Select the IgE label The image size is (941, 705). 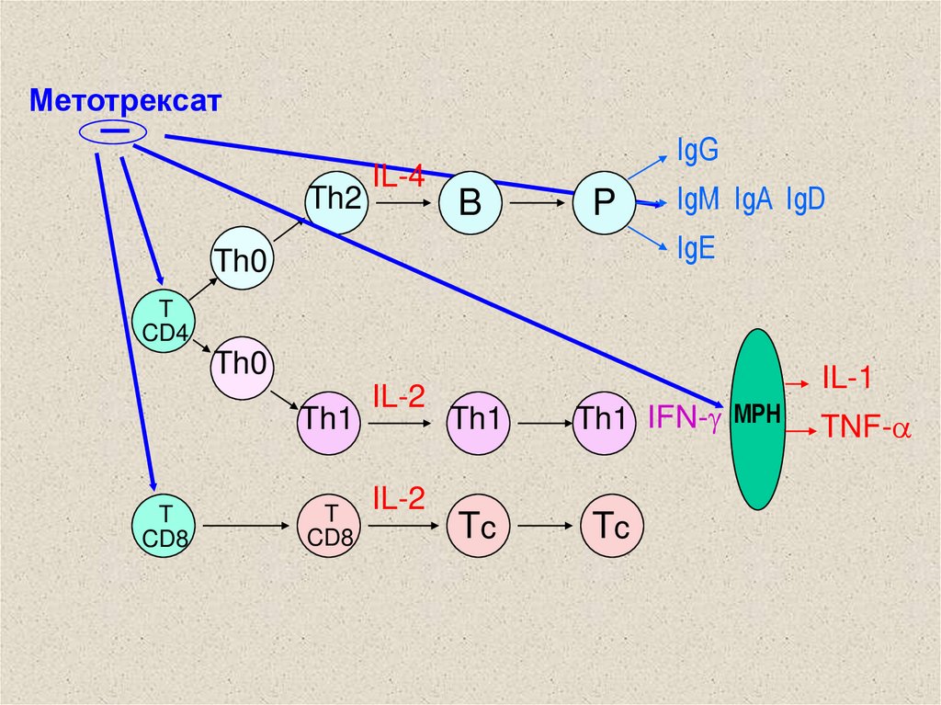coord(696,249)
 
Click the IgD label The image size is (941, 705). coord(804,199)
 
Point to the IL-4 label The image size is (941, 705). coord(398,176)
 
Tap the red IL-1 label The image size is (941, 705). coord(846,378)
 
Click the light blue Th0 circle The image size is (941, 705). coord(242,263)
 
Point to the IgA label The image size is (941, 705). coord(752,199)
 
